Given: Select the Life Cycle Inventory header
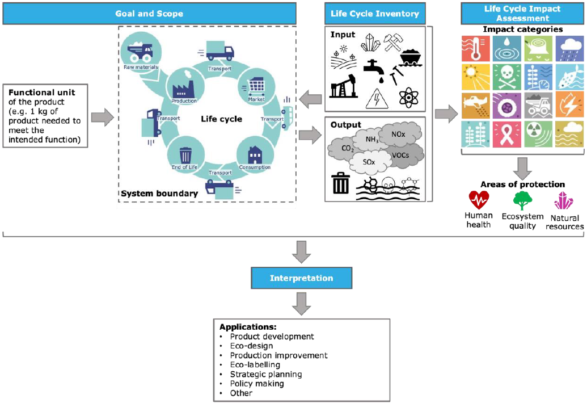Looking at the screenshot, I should click(x=375, y=13).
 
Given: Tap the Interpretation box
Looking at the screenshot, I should click(x=301, y=278).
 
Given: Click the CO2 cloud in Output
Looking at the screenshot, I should click(x=347, y=149).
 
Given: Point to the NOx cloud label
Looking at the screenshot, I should click(x=399, y=135).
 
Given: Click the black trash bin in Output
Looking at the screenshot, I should click(x=340, y=184).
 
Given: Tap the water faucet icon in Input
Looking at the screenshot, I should click(x=374, y=69).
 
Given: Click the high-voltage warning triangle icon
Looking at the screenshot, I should click(x=375, y=98).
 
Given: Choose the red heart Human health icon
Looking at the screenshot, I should click(x=479, y=200).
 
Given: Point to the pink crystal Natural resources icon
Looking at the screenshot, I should click(x=564, y=201).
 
